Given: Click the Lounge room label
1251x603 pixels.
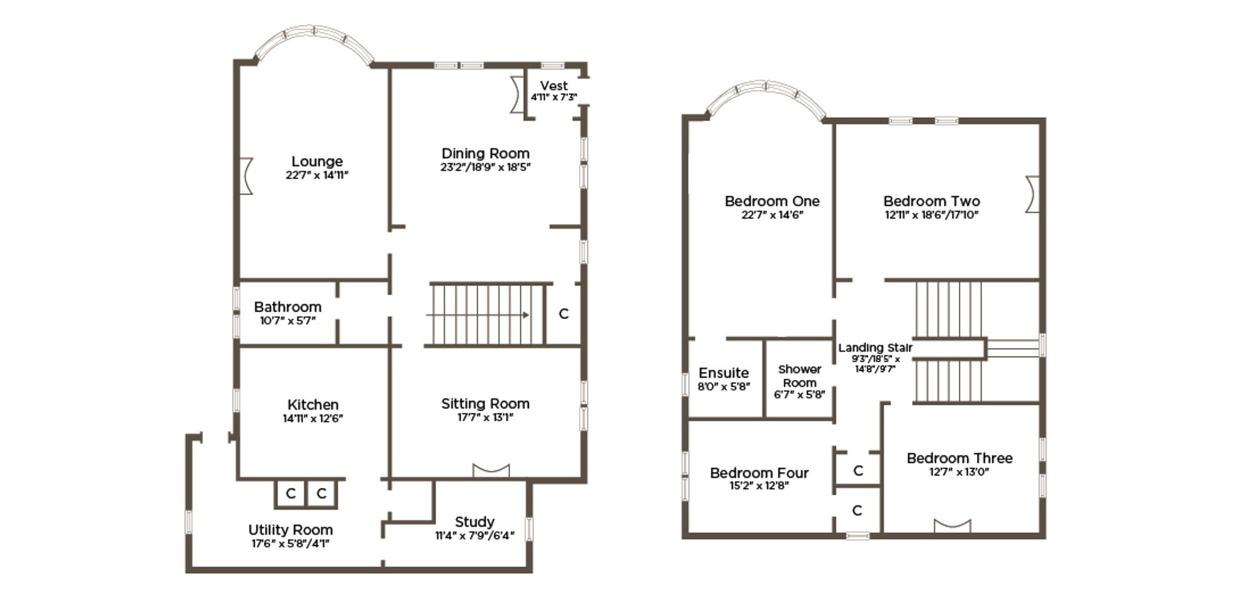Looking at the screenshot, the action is pos(317,161).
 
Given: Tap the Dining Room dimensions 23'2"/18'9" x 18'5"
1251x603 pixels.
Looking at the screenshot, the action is pos(485,167).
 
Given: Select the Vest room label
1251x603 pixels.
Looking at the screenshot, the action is pos(554,86).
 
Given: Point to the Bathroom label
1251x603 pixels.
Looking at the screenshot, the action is pos(288,307).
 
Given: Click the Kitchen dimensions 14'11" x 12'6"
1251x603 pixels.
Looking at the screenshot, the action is pos(313,418).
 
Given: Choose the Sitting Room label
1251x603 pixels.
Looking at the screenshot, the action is pos(485,403).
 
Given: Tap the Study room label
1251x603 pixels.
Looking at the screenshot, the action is pos(475,522).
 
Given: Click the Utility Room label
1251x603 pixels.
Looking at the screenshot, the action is pos(290,530).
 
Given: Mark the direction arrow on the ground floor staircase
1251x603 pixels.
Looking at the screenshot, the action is pos(478,315).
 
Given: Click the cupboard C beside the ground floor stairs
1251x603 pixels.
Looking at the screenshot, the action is pos(564,314).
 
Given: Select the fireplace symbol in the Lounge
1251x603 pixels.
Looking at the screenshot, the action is pos(246,176).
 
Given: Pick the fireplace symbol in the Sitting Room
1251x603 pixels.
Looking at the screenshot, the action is pos(491,470).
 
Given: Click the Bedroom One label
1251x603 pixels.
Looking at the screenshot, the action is pos(772,201).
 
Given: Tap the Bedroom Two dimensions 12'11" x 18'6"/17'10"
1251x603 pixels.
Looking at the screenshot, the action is pos(931,215).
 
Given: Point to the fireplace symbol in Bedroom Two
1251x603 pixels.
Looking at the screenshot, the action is pos(1032,194).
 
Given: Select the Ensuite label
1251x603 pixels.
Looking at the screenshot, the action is pos(724,373).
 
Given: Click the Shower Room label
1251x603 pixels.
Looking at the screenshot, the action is pos(800,376).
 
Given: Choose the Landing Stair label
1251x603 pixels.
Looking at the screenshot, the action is pos(875,348).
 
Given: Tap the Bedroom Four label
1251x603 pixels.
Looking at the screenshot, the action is pos(759,473).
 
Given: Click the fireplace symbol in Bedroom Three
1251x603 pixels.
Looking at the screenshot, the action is pos(953,525).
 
